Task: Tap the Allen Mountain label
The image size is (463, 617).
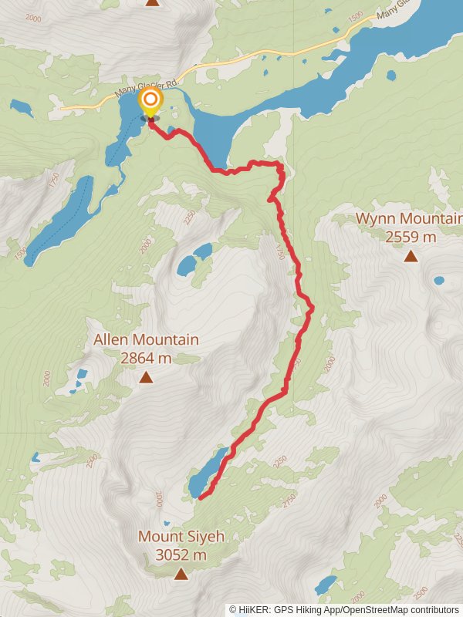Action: (146, 339)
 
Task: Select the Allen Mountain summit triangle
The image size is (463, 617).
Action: (146, 377)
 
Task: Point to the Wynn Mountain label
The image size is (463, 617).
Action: (409, 219)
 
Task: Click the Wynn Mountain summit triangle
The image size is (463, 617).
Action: (411, 256)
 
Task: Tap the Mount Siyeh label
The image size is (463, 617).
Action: (181, 536)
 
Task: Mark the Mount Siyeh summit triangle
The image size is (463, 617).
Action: (181, 574)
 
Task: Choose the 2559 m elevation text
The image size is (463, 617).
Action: (410, 237)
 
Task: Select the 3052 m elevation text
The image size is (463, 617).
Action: (181, 555)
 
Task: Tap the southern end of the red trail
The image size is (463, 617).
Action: (200, 498)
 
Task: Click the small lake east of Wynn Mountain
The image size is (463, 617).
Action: (439, 281)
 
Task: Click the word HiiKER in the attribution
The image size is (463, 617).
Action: (254, 609)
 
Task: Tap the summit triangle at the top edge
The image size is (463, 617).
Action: (153, 2)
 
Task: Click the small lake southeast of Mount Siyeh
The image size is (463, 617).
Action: (326, 584)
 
